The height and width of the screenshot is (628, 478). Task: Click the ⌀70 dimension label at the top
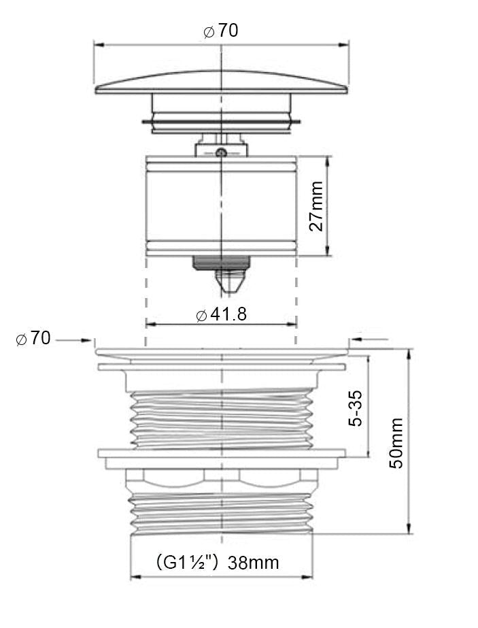coord(220,31)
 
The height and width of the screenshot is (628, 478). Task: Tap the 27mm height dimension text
coord(316,206)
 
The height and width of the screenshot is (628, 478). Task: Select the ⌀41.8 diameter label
coord(222,314)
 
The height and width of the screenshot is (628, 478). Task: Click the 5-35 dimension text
coord(355,408)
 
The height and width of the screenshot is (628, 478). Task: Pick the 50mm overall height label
coord(396,442)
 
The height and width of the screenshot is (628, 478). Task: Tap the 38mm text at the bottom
coord(254,563)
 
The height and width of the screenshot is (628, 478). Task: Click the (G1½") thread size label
coord(187,562)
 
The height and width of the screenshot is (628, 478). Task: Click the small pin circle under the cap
coord(221,152)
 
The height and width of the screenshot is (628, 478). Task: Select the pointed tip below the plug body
coord(231,282)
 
